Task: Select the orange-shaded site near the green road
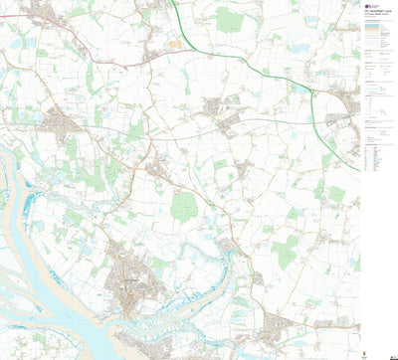click(x=175, y=44)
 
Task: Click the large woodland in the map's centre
click(x=184, y=206)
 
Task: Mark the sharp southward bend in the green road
click(x=314, y=94)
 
